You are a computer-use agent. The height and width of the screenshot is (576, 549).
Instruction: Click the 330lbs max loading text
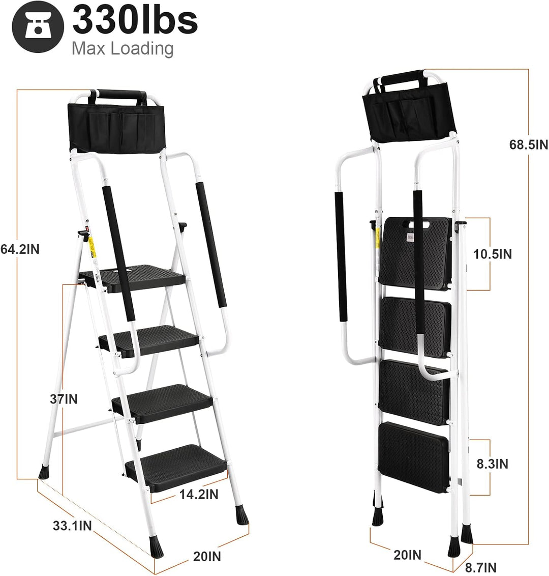pyautogui.click(x=135, y=20)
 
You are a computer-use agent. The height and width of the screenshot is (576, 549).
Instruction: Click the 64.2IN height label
pyautogui.click(x=19, y=249)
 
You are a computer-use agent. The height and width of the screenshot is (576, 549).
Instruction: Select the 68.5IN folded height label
pyautogui.click(x=529, y=145)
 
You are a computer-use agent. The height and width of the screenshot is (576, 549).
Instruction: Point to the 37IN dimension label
pyautogui.click(x=64, y=399)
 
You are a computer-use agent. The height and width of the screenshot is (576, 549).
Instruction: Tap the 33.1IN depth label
pyautogui.click(x=72, y=525)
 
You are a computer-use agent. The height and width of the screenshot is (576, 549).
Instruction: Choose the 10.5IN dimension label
pyautogui.click(x=493, y=253)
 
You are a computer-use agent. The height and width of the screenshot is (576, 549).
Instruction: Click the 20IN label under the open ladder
pyautogui.click(x=207, y=556)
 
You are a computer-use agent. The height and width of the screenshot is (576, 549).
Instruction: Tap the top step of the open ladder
pyautogui.click(x=137, y=277)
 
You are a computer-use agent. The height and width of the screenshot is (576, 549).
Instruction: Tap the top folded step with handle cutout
pyautogui.click(x=416, y=249)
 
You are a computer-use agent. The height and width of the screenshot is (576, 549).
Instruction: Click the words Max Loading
pyautogui.click(x=123, y=48)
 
